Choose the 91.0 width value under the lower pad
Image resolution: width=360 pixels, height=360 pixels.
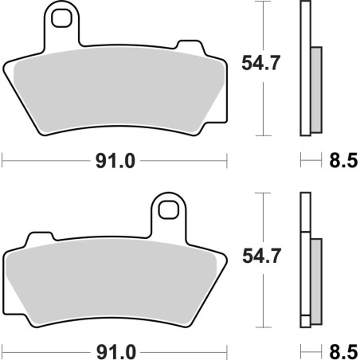115,350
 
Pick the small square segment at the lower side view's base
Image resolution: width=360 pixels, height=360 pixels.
304,322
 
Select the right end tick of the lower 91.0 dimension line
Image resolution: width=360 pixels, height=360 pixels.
227,350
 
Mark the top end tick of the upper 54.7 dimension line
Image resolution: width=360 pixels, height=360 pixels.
263,2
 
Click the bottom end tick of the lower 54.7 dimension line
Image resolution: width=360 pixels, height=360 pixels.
263,327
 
